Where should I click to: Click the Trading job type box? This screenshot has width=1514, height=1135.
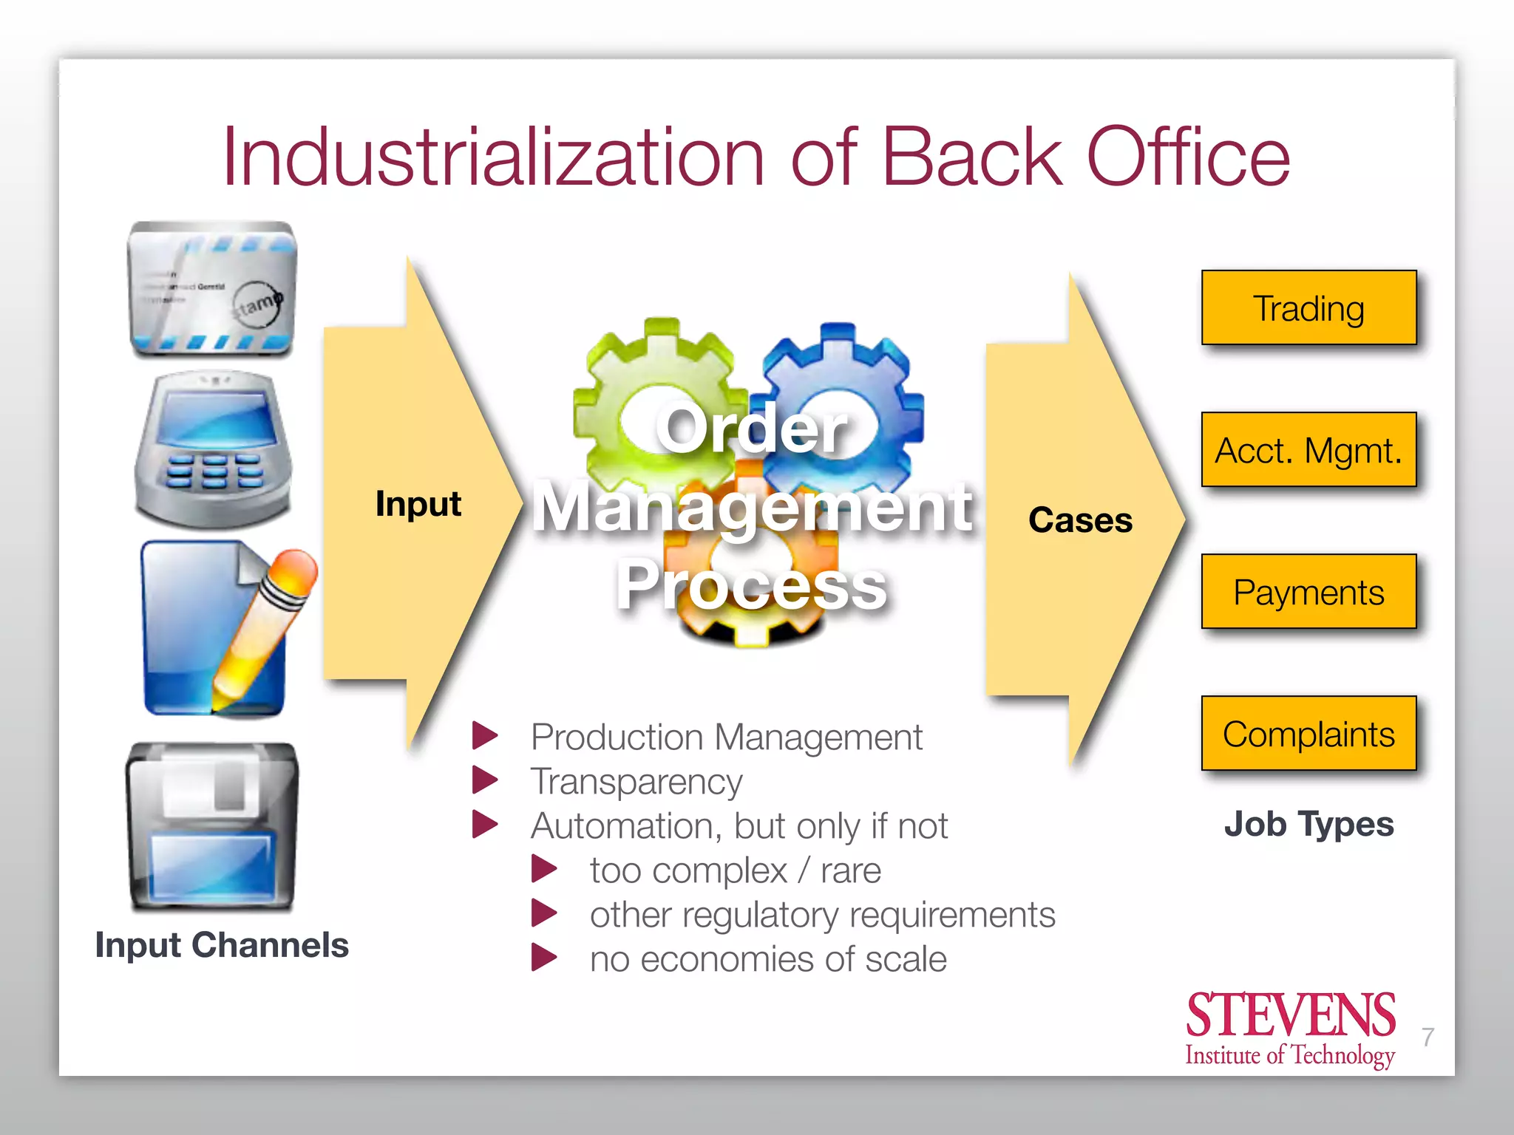point(1308,308)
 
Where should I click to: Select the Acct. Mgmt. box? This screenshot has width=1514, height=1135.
point(1308,450)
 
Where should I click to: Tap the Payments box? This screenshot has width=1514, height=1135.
point(1308,592)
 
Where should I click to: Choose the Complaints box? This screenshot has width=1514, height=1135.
point(1308,734)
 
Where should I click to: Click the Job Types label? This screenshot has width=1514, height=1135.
point(1308,824)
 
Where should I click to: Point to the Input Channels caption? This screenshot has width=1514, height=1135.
point(222,945)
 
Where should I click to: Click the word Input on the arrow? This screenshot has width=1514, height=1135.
point(418,504)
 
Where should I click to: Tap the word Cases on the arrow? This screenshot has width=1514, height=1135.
point(1080,520)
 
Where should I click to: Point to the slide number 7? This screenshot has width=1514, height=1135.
point(1428,1037)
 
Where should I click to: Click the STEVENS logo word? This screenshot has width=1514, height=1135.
point(1291,1015)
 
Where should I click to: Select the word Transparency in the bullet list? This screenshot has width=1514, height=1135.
point(637,782)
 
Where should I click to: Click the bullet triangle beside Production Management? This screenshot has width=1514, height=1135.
point(485,736)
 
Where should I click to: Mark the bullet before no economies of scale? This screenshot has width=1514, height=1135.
point(544,958)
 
